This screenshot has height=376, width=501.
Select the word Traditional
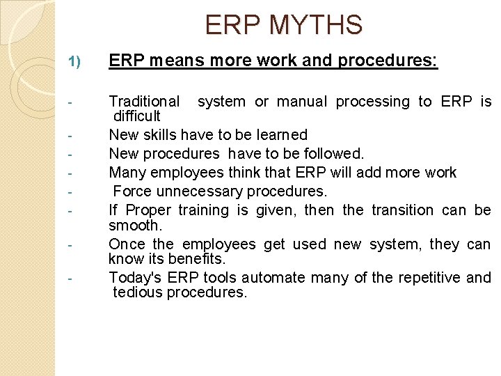[x=144, y=102]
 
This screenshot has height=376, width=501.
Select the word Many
[x=126, y=172]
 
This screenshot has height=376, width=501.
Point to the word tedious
[x=136, y=292]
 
